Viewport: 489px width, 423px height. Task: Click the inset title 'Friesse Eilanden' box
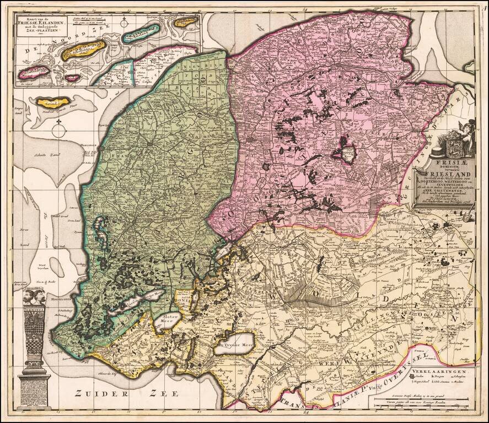[42, 25]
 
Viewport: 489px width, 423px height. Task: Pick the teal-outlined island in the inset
[141, 34]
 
